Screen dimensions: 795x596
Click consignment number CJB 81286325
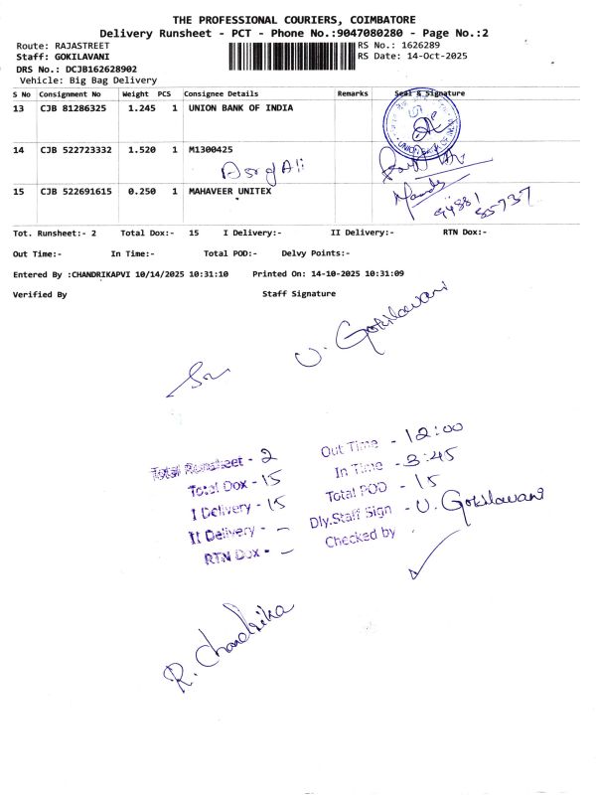click(x=75, y=107)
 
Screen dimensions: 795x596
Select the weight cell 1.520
click(x=137, y=149)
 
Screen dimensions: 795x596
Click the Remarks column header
click(x=353, y=93)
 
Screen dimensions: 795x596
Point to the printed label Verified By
click(x=40, y=294)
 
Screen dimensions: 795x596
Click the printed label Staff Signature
click(x=299, y=294)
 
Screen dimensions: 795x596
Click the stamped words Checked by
click(x=360, y=535)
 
